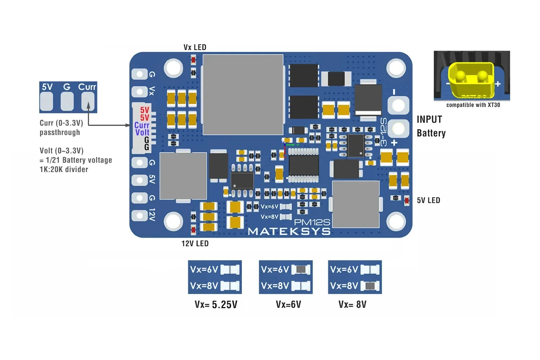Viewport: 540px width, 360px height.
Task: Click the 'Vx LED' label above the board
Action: click(x=195, y=48)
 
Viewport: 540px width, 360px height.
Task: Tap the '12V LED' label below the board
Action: click(x=195, y=244)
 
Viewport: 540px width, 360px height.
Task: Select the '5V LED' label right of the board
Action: click(x=428, y=201)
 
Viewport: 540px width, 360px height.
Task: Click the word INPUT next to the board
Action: click(x=429, y=120)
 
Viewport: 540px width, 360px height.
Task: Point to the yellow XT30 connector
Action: click(x=471, y=80)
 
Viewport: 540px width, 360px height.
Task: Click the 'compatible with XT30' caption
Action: click(x=473, y=105)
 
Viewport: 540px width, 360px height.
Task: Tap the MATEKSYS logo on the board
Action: click(x=289, y=231)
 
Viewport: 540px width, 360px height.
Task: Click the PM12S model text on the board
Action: click(x=312, y=222)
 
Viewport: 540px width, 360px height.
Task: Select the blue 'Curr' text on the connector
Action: click(x=142, y=125)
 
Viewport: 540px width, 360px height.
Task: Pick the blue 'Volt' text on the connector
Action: click(x=142, y=132)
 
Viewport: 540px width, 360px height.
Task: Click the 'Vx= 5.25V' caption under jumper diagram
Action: click(x=216, y=305)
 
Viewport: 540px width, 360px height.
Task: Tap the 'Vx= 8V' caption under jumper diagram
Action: click(x=352, y=305)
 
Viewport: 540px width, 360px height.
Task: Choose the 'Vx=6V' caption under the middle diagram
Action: click(x=288, y=305)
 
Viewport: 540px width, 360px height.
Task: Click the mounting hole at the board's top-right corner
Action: click(x=396, y=68)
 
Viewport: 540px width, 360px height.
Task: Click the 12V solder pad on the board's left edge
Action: click(x=139, y=216)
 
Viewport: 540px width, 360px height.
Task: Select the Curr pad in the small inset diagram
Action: click(x=88, y=101)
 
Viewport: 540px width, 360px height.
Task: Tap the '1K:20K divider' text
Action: click(x=64, y=170)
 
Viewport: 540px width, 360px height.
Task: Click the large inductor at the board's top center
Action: click(x=243, y=95)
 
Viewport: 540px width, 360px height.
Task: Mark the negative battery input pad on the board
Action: click(x=398, y=105)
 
